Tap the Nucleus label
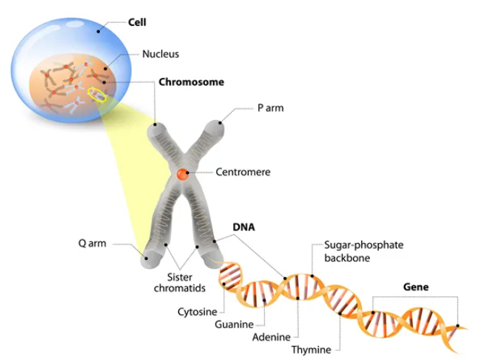click(161, 54)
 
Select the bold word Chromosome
click(191, 81)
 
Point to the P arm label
click(270, 108)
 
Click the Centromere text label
click(243, 172)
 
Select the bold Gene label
click(415, 286)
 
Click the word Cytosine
click(196, 311)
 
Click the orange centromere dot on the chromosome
click(182, 175)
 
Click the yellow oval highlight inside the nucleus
click(97, 94)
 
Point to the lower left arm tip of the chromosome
click(150, 259)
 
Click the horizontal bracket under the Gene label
click(414, 298)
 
